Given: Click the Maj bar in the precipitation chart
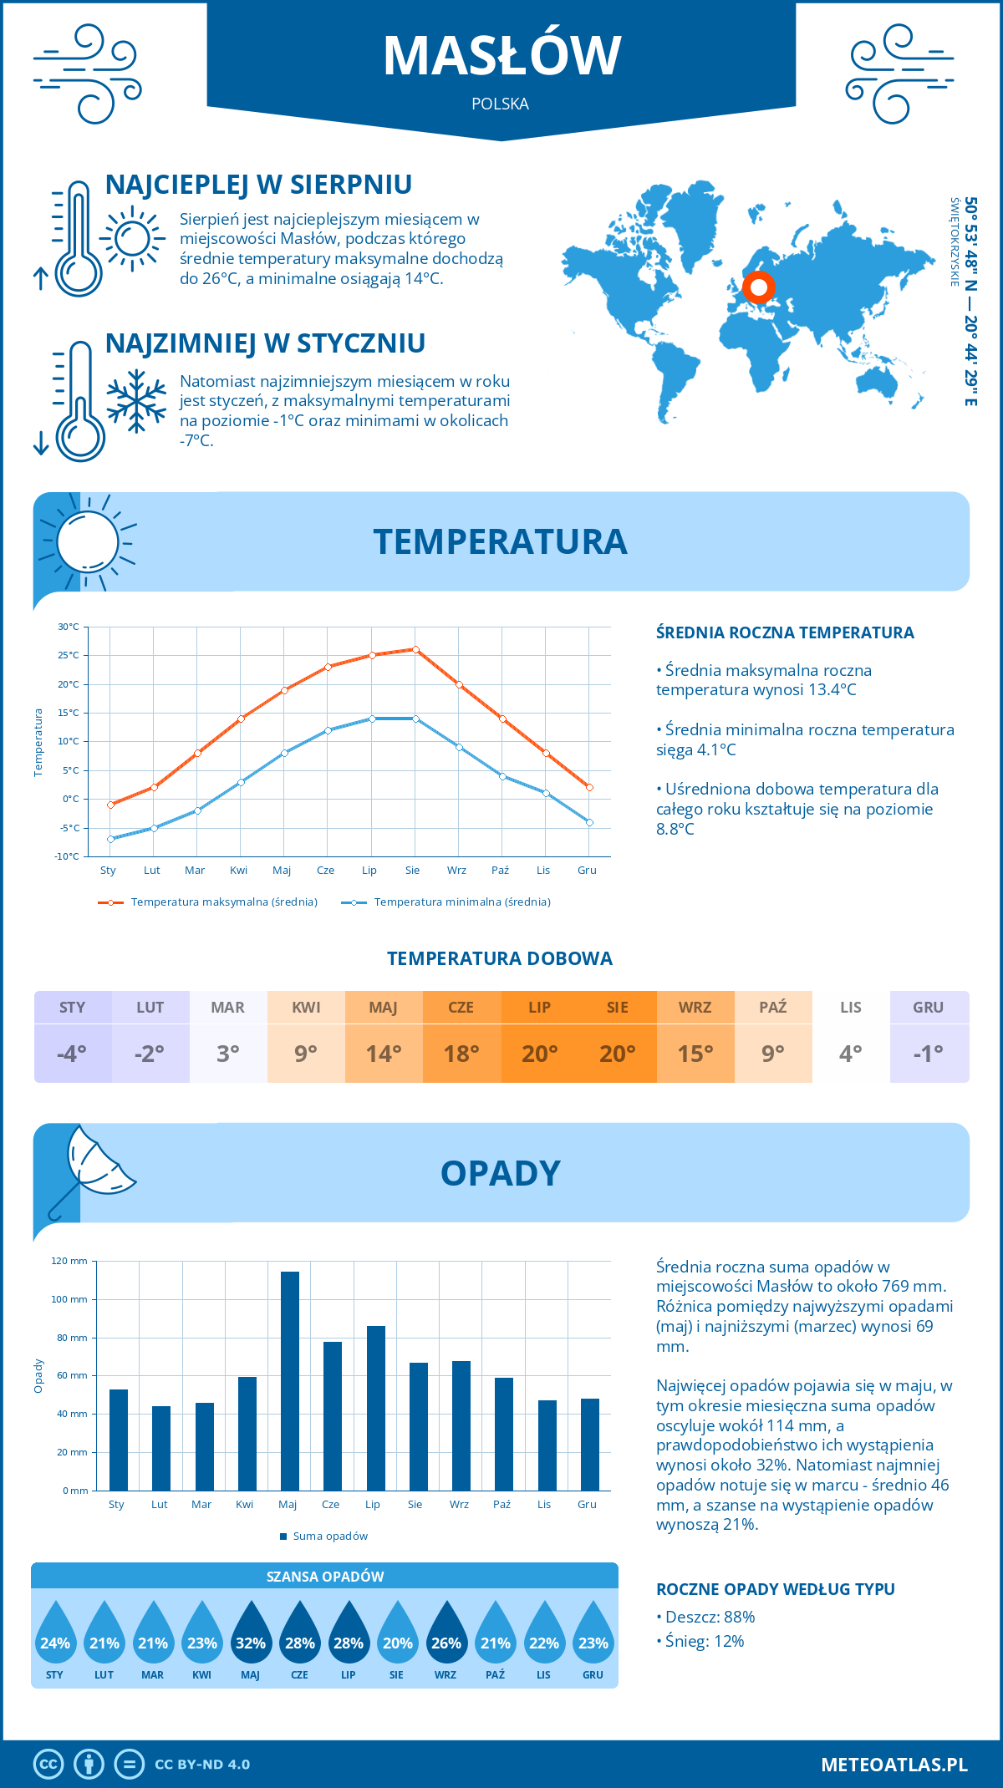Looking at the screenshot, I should point(289,1381).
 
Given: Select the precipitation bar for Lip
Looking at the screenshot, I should point(375,1408).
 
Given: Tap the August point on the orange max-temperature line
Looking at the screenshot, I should point(415,649).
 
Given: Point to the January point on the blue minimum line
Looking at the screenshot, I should point(110,839).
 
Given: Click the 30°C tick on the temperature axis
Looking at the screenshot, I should point(69,627).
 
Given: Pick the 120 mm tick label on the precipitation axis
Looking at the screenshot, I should point(69,1261).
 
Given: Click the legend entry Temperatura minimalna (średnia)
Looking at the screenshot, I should point(446,902).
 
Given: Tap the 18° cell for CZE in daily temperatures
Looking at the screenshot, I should point(461,1054).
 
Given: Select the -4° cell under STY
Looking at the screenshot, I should point(72,1054).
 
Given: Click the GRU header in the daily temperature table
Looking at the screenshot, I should point(929,1008).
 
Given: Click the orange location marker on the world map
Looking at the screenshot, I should point(759,287).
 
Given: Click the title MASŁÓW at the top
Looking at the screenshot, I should point(501,57).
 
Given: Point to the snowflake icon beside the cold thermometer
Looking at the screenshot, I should point(136,401).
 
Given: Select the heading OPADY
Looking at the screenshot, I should point(500,1173).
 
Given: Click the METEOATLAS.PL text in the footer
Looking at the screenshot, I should point(894,1765).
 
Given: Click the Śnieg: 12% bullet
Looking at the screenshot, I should point(700,1641).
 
